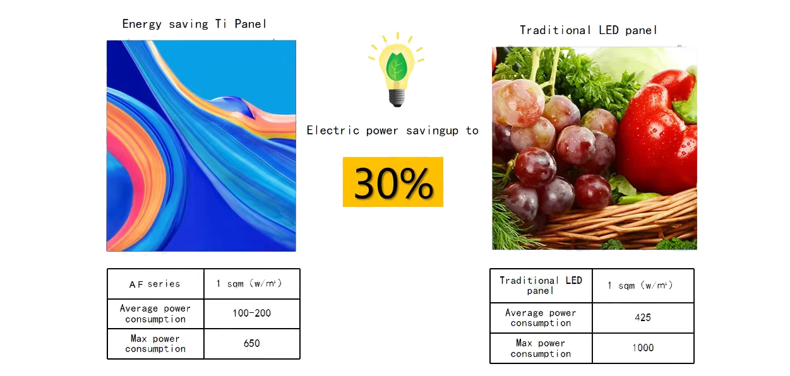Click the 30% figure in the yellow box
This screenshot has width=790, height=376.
point(393,182)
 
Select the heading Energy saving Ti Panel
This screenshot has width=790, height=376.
point(195,24)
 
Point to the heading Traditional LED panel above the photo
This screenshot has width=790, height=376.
point(589,30)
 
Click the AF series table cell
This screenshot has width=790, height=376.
point(155,284)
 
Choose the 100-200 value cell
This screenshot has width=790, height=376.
point(251,313)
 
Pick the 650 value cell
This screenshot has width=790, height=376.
point(251,343)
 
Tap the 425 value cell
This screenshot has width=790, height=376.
point(643,317)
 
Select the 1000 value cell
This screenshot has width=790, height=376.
point(643,348)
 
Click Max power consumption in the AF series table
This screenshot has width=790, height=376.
point(155,343)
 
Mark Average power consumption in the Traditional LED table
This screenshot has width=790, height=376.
point(541,317)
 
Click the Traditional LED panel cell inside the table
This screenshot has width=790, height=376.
point(541,285)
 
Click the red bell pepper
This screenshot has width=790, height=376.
point(657,132)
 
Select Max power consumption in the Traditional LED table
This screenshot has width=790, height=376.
point(541,348)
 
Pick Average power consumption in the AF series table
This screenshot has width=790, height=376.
point(155,314)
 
